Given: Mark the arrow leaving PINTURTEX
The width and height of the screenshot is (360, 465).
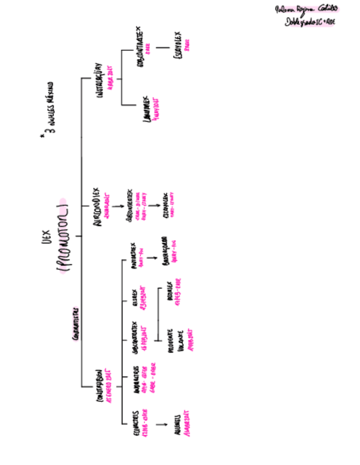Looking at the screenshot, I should point(149,256).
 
